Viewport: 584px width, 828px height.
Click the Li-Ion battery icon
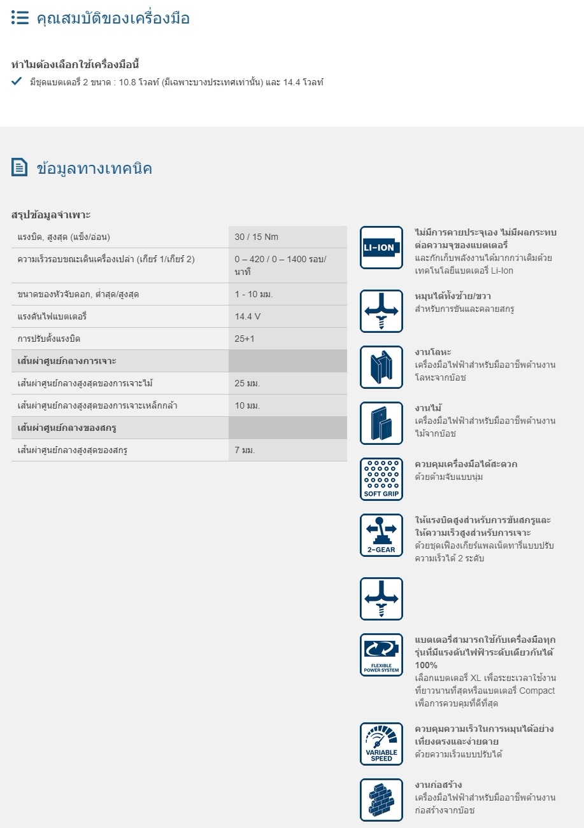[x=381, y=248]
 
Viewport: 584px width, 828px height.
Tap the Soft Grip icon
[x=381, y=479]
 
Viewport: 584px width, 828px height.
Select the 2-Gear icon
[x=381, y=535]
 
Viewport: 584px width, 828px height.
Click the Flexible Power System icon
[x=381, y=655]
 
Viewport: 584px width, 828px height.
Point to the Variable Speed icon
[x=381, y=744]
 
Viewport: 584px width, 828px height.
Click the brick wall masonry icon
[x=381, y=800]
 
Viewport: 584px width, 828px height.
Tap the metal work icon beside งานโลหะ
[x=381, y=367]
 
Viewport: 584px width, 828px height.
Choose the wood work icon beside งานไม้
[x=381, y=423]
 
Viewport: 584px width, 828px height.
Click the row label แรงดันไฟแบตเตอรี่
[x=52, y=316]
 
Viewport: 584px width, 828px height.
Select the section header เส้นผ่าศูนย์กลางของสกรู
[x=67, y=428]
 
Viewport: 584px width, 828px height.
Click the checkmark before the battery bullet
[x=17, y=81]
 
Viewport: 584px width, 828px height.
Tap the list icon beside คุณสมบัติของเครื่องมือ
[x=20, y=18]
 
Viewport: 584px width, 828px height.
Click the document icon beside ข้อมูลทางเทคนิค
[x=20, y=167]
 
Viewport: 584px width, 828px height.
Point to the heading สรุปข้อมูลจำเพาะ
[x=51, y=214]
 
